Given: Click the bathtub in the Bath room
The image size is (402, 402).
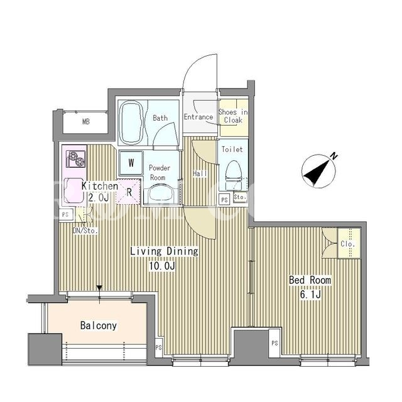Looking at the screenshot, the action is pos(131,123).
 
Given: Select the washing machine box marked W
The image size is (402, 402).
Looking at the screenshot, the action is pos(131,163).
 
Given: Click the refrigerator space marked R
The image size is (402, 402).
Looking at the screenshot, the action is pos(129,192).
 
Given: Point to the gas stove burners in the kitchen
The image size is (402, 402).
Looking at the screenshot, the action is pos(75,158).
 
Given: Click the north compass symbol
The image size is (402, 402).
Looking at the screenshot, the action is pos(318,171).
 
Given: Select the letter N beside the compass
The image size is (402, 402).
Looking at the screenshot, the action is pos(334,156).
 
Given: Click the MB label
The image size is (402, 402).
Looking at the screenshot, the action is pos(86,121).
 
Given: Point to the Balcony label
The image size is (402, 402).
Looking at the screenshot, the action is pos(99,325).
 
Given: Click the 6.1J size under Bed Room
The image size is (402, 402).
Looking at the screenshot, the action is pos(310,295).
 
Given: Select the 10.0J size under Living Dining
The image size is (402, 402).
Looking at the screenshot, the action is pos(162,266).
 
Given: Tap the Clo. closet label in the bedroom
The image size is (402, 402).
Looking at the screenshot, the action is pos(348,244).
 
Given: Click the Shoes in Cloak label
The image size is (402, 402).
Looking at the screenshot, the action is pos(233,116).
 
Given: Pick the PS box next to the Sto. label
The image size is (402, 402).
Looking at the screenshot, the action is pos(225,200).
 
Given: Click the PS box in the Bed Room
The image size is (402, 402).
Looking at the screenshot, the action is pos(274,343).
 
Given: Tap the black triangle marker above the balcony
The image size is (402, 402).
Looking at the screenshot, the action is pos(99,288).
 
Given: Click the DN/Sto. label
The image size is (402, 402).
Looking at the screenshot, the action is pos(85,231).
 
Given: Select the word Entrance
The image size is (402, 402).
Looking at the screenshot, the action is pos(198,117).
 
